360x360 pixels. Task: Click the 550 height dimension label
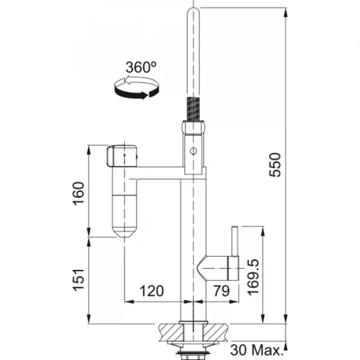pyautogui.click(x=275, y=164)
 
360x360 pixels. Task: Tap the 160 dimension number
pyautogui.click(x=78, y=193)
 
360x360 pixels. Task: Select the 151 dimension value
pyautogui.click(x=79, y=280)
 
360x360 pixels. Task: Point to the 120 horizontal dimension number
pyautogui.click(x=152, y=291)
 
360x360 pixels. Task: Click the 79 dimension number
pyautogui.click(x=221, y=291)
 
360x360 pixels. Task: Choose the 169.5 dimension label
pyautogui.click(x=253, y=277)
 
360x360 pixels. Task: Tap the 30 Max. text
pyautogui.click(x=256, y=350)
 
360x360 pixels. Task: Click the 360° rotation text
pyautogui.click(x=141, y=67)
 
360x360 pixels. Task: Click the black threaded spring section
pyautogui.click(x=193, y=109)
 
